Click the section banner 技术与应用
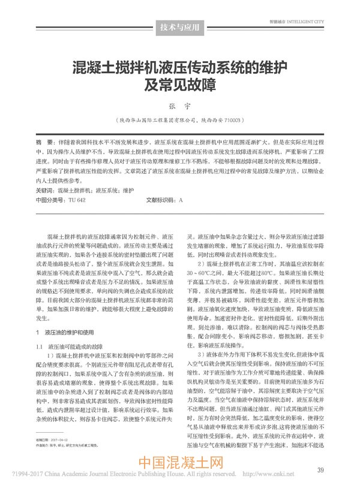click(x=181, y=28)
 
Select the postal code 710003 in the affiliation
click(x=231, y=120)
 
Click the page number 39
click(x=321, y=468)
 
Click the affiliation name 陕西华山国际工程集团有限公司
click(x=158, y=120)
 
